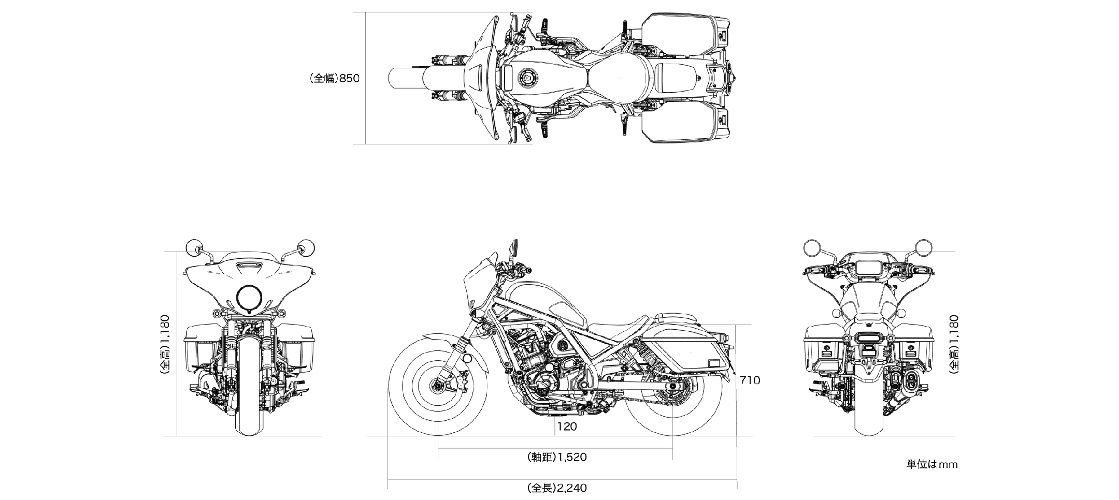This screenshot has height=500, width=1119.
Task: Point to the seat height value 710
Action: click(x=750, y=380)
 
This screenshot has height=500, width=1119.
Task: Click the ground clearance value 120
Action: click(x=567, y=427)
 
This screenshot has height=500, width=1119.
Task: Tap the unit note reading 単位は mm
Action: click(x=931, y=464)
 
